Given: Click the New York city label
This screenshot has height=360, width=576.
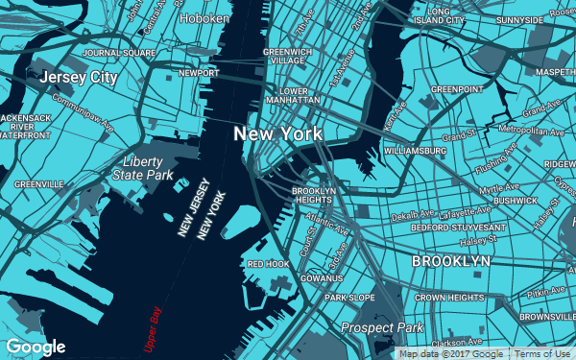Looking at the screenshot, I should pyautogui.click(x=278, y=133).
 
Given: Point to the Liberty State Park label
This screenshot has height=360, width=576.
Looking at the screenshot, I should pyautogui.click(x=142, y=168).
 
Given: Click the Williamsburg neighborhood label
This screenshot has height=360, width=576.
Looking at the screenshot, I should pyautogui.click(x=415, y=151).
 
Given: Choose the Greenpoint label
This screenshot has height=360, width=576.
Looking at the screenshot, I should pyautogui.click(x=457, y=89).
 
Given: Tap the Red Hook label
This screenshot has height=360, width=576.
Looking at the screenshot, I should pyautogui.click(x=268, y=263).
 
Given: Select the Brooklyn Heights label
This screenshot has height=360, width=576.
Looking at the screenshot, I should pyautogui.click(x=314, y=196).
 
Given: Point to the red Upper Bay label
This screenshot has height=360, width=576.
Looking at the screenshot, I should pyautogui.click(x=152, y=327).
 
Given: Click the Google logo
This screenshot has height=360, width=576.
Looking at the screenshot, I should pyautogui.click(x=36, y=347).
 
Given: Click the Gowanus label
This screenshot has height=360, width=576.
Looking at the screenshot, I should pyautogui.click(x=322, y=278).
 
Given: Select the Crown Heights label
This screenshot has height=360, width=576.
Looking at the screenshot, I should pyautogui.click(x=449, y=299).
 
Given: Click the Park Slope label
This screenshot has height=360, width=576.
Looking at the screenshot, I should pyautogui.click(x=349, y=299).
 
